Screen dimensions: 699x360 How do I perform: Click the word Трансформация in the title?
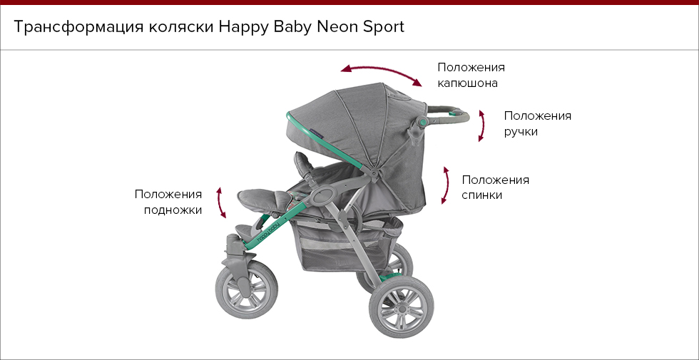click(78, 27)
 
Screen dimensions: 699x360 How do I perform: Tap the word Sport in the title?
click(384, 28)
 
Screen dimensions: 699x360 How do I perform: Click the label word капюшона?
click(467, 83)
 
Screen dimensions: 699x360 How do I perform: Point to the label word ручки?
click(521, 133)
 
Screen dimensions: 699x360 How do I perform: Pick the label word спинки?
click(482, 195)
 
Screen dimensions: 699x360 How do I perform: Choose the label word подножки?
click(173, 210)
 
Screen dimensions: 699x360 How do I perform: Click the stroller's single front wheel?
click(247, 290)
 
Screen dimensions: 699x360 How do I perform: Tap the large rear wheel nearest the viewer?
click(402, 307)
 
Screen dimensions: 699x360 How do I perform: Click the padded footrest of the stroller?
click(263, 200)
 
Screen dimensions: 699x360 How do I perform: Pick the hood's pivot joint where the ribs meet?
click(373, 172)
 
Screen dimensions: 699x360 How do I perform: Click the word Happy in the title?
click(243, 28)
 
